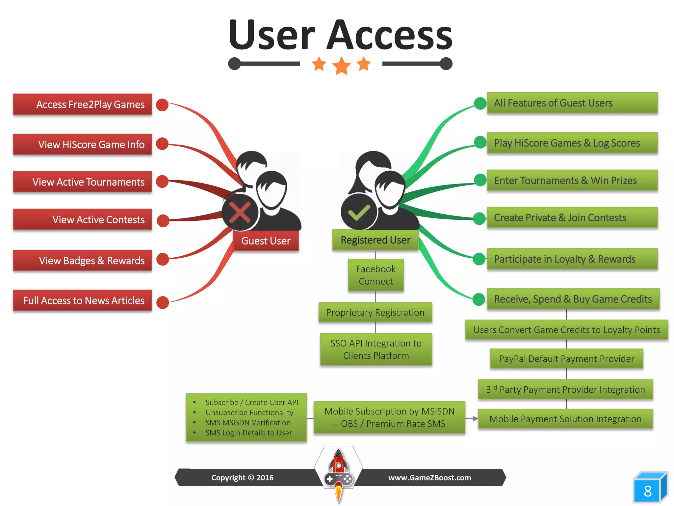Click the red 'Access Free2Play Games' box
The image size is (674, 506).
pyautogui.click(x=82, y=104)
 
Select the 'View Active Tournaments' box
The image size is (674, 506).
pyautogui.click(x=82, y=182)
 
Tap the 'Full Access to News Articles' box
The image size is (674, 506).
pyautogui.click(x=82, y=300)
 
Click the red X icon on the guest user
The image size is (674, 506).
pyautogui.click(x=240, y=212)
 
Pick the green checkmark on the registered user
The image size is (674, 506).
pyautogui.click(x=359, y=212)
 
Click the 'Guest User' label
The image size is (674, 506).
pyautogui.click(x=266, y=241)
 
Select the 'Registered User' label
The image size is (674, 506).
pyautogui.click(x=376, y=240)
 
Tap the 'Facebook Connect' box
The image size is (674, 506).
pyautogui.click(x=376, y=275)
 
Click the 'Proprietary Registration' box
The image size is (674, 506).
pyautogui.click(x=375, y=312)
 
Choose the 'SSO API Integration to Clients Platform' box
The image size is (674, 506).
pyautogui.click(x=376, y=349)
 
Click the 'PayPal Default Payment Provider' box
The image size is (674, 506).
pyautogui.click(x=566, y=358)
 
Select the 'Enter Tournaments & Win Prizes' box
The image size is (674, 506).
pyautogui.click(x=572, y=181)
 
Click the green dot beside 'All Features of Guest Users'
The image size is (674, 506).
pyautogui.click(x=480, y=103)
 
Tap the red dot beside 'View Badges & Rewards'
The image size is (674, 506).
pyautogui.click(x=162, y=259)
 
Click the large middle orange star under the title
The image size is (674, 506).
pyautogui.click(x=341, y=66)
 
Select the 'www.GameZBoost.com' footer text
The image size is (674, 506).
pyautogui.click(x=429, y=478)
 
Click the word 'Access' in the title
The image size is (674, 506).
pyautogui.click(x=390, y=35)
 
